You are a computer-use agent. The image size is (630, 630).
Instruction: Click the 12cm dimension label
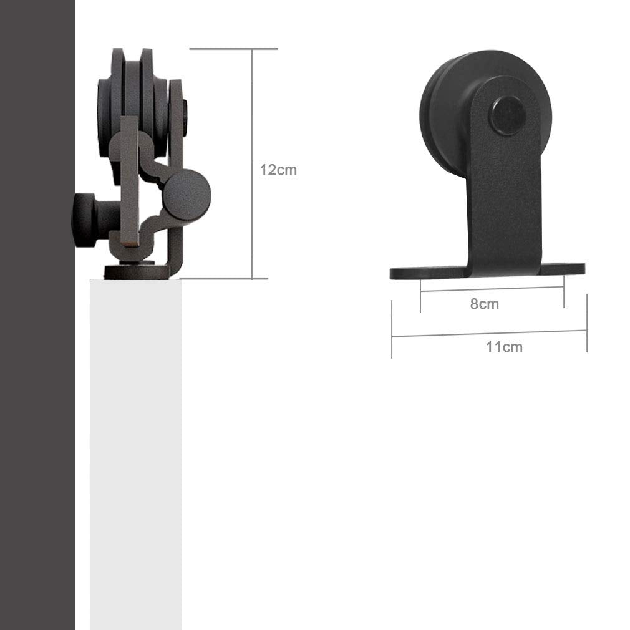point(278,170)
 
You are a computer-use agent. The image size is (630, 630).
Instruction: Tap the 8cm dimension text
point(484,304)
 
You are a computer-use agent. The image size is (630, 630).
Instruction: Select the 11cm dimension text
point(504,347)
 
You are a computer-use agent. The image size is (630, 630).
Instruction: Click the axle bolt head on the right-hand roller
point(505,115)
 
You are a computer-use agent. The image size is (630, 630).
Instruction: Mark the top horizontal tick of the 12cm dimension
point(233,49)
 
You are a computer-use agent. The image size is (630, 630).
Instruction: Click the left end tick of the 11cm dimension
point(392,329)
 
